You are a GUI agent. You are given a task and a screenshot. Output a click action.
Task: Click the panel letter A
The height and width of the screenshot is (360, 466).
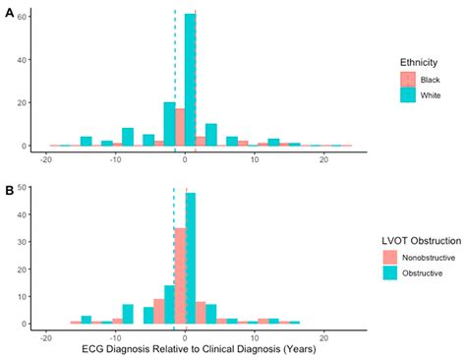pyautogui.click(x=9, y=13)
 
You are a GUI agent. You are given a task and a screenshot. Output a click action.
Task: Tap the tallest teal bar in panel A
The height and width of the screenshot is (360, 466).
pyautogui.click(x=190, y=80)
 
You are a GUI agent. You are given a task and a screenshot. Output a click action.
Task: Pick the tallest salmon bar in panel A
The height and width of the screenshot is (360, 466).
pyautogui.click(x=180, y=127)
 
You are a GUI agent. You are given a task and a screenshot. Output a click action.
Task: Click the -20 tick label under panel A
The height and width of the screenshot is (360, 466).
pyautogui.click(x=45, y=158)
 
